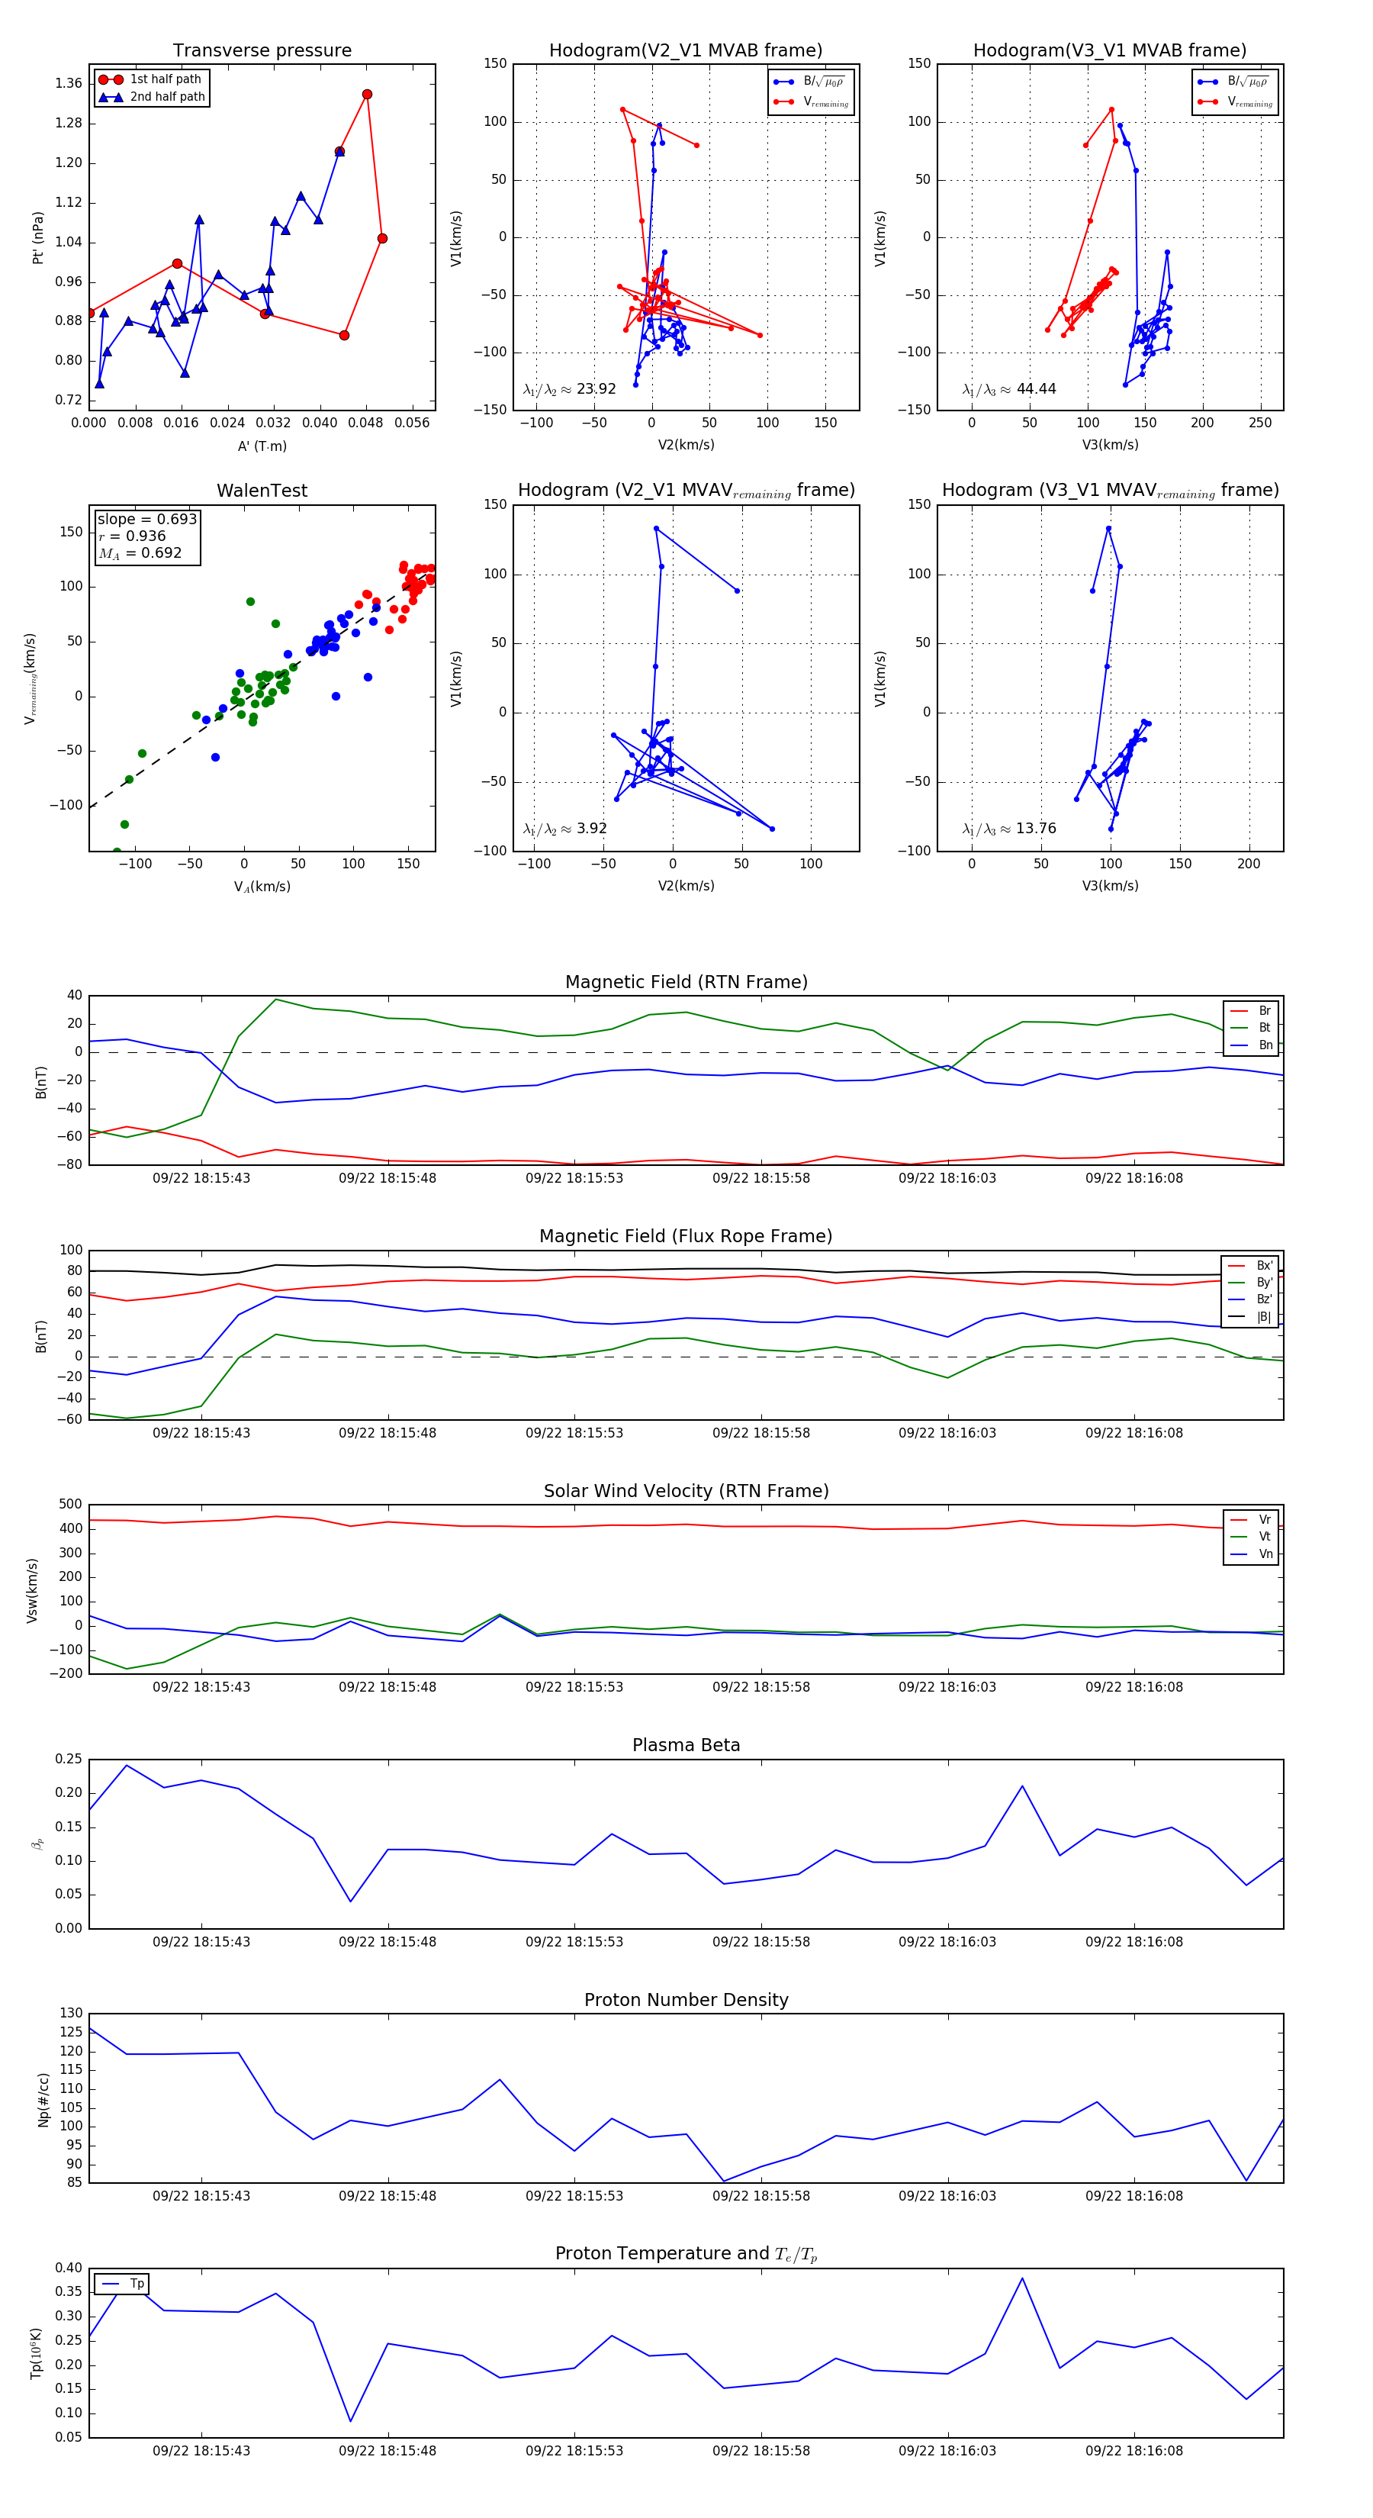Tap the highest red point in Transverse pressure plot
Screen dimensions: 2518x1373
coord(366,95)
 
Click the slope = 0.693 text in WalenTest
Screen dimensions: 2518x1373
coord(146,519)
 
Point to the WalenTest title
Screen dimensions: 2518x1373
coord(262,491)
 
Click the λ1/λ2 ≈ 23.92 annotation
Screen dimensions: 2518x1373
coord(570,389)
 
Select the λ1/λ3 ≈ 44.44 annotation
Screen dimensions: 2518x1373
coord(1008,389)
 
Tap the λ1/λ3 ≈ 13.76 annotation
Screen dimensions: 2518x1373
coord(1008,829)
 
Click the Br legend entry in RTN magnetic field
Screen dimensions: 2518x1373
coord(1264,1011)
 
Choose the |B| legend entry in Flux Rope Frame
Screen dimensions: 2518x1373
coord(1264,1317)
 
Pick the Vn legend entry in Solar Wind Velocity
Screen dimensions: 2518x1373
coord(1265,1554)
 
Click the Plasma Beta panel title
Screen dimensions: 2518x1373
coord(686,1746)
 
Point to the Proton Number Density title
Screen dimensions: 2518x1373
coord(686,2000)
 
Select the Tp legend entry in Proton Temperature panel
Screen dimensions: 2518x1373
coord(137,2284)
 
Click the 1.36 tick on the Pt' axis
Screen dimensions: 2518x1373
coord(69,83)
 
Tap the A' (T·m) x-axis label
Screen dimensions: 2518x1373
coord(262,446)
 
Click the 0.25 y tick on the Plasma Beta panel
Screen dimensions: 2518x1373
coord(69,1759)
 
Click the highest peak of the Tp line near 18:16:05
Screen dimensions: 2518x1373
coord(1022,2278)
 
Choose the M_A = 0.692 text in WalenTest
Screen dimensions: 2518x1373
coord(140,553)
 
